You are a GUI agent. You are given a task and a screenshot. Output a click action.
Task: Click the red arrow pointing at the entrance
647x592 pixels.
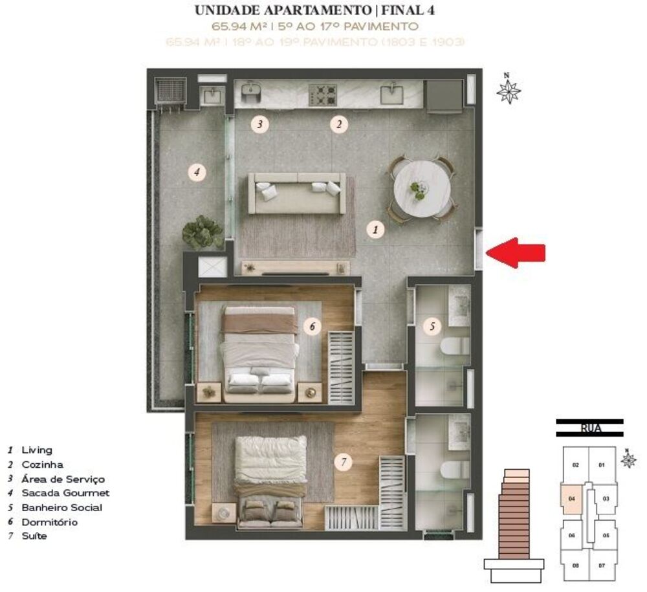tap(516, 253)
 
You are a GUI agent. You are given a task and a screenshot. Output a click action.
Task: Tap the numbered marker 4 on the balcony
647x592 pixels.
tap(197, 172)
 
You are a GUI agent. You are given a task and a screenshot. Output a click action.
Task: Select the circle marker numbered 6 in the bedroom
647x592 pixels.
tap(312, 327)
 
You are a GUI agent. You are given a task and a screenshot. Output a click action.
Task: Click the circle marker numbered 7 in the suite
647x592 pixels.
tap(344, 462)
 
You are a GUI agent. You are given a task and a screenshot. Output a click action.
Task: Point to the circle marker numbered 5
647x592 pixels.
tap(432, 326)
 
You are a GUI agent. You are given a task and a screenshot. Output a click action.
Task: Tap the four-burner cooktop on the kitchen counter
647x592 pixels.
tap(323, 94)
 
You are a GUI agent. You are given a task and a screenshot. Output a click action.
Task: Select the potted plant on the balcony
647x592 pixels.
tap(203, 232)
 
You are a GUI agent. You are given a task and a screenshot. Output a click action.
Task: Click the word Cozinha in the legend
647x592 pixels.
tap(42, 465)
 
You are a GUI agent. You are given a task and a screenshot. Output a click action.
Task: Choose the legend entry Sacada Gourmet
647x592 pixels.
tap(56, 493)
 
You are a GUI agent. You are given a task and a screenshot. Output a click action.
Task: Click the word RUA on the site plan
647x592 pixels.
tap(589, 428)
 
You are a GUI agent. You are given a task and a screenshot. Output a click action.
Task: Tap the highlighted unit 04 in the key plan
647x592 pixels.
tap(571, 500)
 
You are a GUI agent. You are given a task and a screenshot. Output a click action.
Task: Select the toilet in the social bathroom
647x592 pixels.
tap(455, 345)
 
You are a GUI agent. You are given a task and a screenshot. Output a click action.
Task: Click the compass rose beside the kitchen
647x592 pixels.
tap(509, 91)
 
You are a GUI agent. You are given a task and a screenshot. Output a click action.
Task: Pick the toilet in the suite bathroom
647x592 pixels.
tap(455, 470)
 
